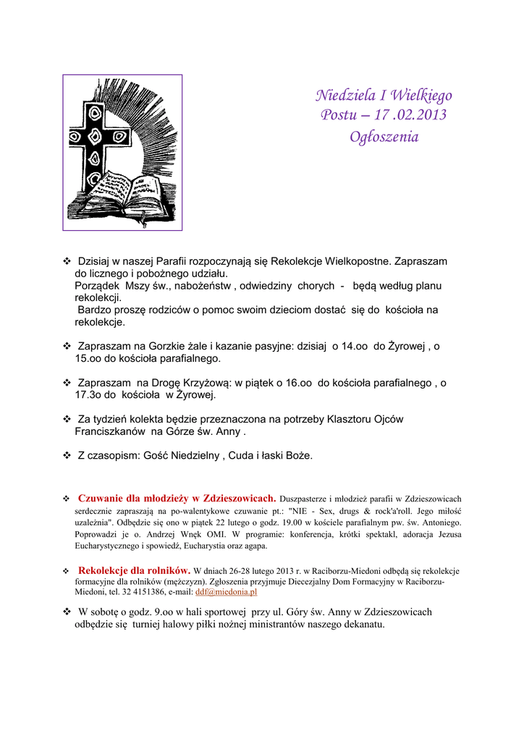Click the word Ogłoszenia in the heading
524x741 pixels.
coord(384,136)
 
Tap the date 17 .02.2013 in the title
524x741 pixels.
coord(407,116)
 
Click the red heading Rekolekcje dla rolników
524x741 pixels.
coord(134,570)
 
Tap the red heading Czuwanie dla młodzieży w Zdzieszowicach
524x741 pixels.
coord(177,498)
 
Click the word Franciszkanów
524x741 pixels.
coord(111,432)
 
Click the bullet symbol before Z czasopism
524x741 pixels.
coord(67,456)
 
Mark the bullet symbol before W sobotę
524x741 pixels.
coord(67,612)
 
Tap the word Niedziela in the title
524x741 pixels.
coord(344,96)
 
